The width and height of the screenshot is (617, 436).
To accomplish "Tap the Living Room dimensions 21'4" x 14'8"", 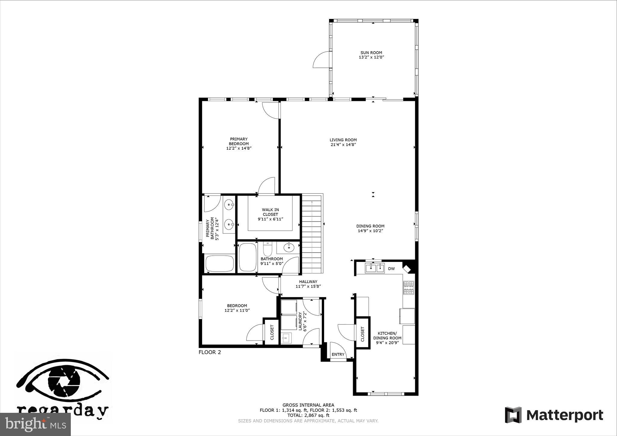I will click(x=343, y=145).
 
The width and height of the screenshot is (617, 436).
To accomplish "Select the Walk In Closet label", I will click(x=270, y=212).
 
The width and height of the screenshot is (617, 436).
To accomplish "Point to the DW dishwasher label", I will click(x=391, y=269).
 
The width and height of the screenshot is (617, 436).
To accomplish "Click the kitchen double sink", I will click(x=375, y=268).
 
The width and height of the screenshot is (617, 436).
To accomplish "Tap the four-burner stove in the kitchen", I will click(x=409, y=288).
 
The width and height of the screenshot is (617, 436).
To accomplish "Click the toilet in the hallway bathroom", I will click(x=268, y=249).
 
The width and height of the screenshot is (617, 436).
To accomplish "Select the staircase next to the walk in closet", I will click(x=312, y=233).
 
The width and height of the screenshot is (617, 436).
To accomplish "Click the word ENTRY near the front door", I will click(x=338, y=354).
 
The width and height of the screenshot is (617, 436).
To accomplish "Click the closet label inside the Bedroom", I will click(x=272, y=332).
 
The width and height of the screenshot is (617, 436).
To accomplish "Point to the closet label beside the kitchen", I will click(x=362, y=334).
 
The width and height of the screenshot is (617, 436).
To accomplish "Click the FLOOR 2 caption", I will click(x=210, y=352).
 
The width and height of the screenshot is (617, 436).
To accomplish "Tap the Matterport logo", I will click(x=554, y=415).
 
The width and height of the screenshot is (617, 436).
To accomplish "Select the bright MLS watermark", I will click(x=35, y=425).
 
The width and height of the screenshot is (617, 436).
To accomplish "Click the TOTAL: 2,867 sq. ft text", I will click(x=308, y=415).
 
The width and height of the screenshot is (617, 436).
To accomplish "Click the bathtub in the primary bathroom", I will click(x=220, y=263).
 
